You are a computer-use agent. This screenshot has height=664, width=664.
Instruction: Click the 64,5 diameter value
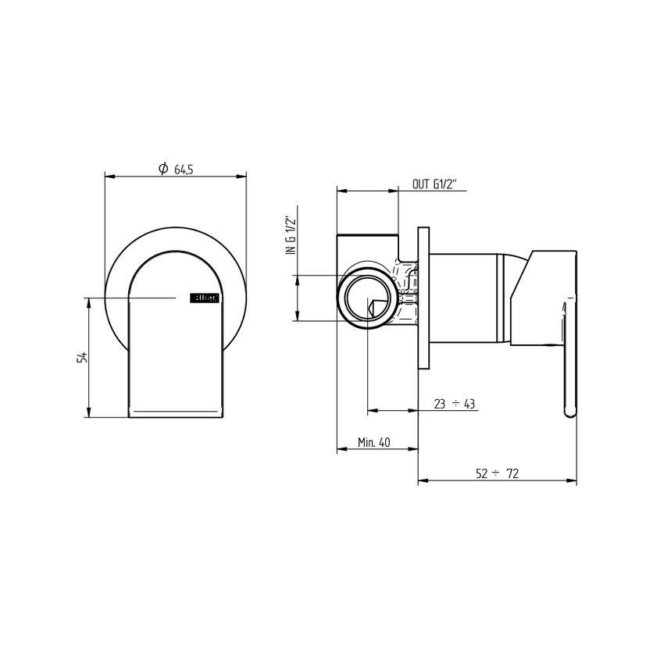(x=184, y=169)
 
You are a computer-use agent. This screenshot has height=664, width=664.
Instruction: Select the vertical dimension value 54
(x=81, y=358)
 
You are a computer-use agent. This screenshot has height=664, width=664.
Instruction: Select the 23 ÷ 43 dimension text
(x=455, y=404)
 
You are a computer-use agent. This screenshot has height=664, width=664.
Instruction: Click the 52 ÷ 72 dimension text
(x=498, y=473)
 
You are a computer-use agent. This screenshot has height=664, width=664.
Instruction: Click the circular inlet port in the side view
(x=366, y=298)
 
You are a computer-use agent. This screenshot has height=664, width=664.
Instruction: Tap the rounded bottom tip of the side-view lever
(x=569, y=412)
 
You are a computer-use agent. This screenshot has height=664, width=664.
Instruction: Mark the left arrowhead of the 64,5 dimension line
(x=109, y=177)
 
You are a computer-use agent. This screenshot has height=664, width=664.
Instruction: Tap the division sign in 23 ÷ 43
(x=455, y=404)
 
